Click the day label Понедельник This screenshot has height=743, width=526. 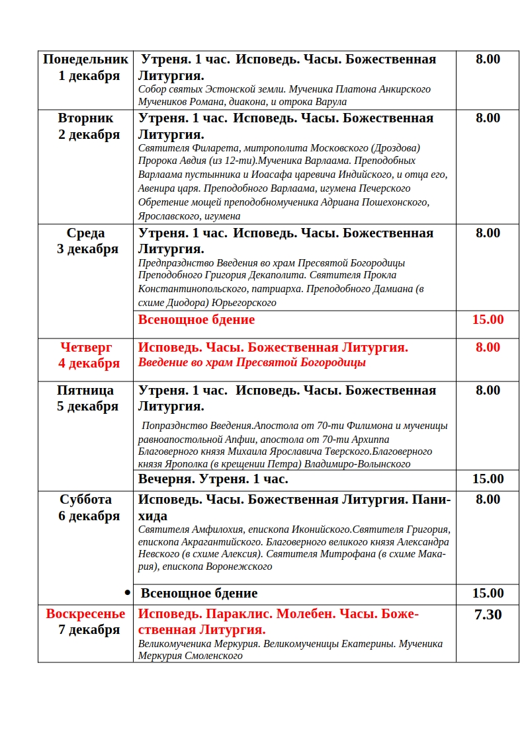point(85,59)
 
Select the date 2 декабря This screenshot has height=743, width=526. point(89,135)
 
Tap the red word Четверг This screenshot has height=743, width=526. point(86,347)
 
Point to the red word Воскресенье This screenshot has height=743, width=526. point(85,614)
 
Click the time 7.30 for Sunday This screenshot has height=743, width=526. point(488,615)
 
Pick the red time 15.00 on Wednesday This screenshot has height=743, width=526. point(488,320)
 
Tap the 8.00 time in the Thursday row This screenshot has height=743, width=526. point(488,347)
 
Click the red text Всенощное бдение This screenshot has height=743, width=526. point(197,320)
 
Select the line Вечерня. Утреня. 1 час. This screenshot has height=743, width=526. point(213,479)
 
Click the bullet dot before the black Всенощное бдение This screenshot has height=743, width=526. point(128,593)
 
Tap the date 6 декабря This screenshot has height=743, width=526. point(89,516)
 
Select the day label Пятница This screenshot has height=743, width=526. point(85,391)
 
